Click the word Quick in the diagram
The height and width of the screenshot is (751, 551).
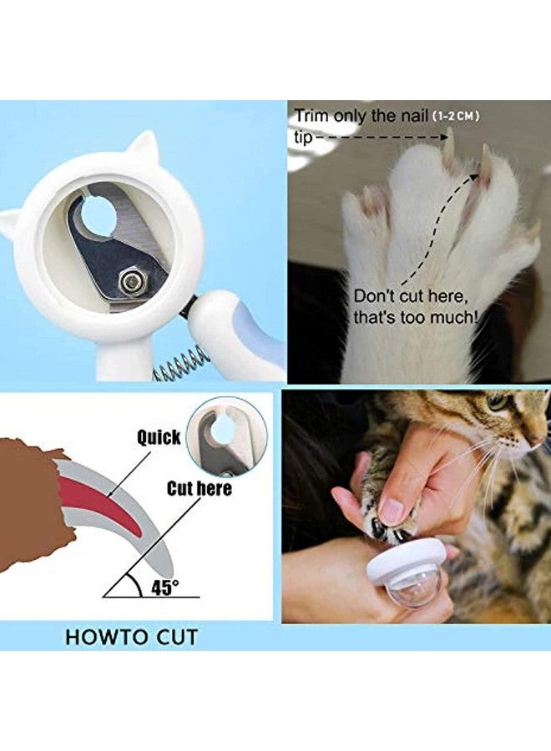pos(159,436)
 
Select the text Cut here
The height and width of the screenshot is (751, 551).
pos(199,488)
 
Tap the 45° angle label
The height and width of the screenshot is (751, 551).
pos(164,587)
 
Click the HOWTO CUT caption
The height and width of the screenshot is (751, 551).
pos(132,638)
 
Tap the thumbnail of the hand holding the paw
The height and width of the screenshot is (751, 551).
pos(389,511)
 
